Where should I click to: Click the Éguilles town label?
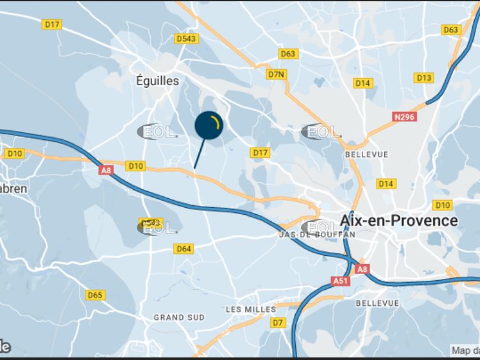tap(157, 81)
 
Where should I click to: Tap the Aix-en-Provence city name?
tap(399, 221)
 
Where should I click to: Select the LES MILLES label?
tap(251, 309)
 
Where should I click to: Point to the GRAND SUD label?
tap(179, 317)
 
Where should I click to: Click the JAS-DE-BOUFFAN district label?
tap(317, 235)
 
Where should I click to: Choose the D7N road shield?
tap(275, 74)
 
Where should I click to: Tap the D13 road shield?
tap(424, 77)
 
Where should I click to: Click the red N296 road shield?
tap(404, 117)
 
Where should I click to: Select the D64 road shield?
tap(184, 249)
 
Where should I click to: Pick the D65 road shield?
tap(95, 295)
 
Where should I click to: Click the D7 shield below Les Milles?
tap(278, 323)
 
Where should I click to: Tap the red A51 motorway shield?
tap(340, 281)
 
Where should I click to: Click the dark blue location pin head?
tap(208, 125)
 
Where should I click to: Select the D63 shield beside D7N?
tap(288, 54)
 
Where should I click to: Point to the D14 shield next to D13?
tap(363, 83)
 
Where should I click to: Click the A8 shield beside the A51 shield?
tap(362, 269)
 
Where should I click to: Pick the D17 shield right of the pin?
tap(260, 152)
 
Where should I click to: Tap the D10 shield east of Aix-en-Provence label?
tap(442, 205)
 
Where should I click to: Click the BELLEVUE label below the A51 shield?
tap(377, 303)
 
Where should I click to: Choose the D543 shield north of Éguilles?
tap(187, 39)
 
